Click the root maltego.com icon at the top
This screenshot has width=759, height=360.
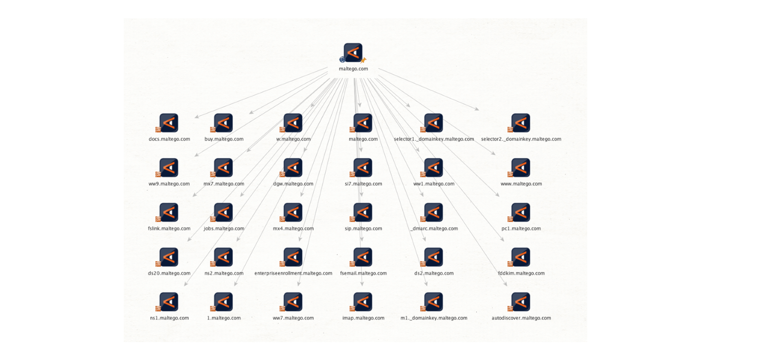tap(353, 53)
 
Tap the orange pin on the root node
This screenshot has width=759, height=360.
tap(363, 61)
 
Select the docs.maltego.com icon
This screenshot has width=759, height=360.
tap(169, 123)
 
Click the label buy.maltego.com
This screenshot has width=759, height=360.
tap(224, 139)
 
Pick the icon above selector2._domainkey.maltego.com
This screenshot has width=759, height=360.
tap(521, 123)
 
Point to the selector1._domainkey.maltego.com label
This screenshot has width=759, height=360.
tap(434, 139)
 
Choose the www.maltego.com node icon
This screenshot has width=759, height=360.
tap(521, 168)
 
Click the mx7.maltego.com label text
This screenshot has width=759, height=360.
tap(224, 184)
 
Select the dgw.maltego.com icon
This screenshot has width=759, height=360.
tap(293, 168)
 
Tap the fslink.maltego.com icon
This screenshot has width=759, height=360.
tap(169, 212)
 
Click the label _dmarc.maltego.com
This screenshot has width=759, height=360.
tap(434, 229)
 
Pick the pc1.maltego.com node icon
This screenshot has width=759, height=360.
tap(521, 212)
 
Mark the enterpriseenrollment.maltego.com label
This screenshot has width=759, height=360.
tap(293, 273)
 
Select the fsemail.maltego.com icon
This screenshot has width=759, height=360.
tap(363, 257)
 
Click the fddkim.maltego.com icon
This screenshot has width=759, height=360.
tap(521, 257)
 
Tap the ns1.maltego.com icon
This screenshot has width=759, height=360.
tap(169, 302)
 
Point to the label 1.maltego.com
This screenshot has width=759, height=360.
tap(224, 318)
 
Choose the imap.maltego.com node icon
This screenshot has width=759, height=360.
tap(363, 302)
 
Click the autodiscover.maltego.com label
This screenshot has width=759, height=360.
tap(521, 318)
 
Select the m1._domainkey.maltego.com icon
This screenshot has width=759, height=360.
tap(433, 302)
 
